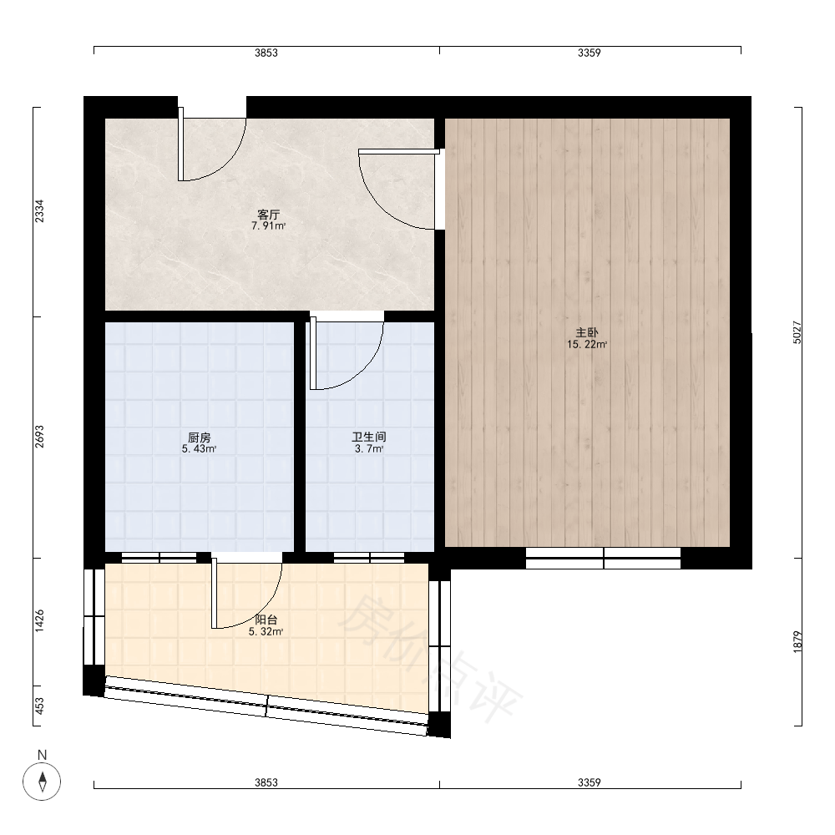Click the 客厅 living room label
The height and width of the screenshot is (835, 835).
click(x=268, y=215)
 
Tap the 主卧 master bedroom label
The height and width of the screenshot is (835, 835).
click(x=587, y=333)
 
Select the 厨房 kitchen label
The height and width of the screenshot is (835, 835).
click(x=200, y=438)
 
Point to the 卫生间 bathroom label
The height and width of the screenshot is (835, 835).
click(x=369, y=438)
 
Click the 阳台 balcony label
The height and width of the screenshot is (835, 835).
click(x=266, y=620)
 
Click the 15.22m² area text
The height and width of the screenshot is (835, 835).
click(x=587, y=345)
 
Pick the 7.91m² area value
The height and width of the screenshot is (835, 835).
click(x=268, y=225)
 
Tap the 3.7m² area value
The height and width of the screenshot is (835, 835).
click(x=369, y=449)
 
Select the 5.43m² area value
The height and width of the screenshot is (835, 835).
click(x=200, y=449)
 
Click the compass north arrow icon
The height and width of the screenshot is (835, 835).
click(x=42, y=782)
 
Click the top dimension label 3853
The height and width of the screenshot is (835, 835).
click(x=266, y=53)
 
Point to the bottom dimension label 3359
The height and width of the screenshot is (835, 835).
click(x=590, y=783)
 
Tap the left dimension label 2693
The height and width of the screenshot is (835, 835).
click(x=39, y=437)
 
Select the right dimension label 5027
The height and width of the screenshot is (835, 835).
click(x=797, y=332)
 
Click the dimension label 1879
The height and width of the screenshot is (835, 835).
click(x=797, y=642)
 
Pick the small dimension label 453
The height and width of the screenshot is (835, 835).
click(x=39, y=706)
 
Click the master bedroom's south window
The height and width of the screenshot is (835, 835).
click(x=604, y=558)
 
